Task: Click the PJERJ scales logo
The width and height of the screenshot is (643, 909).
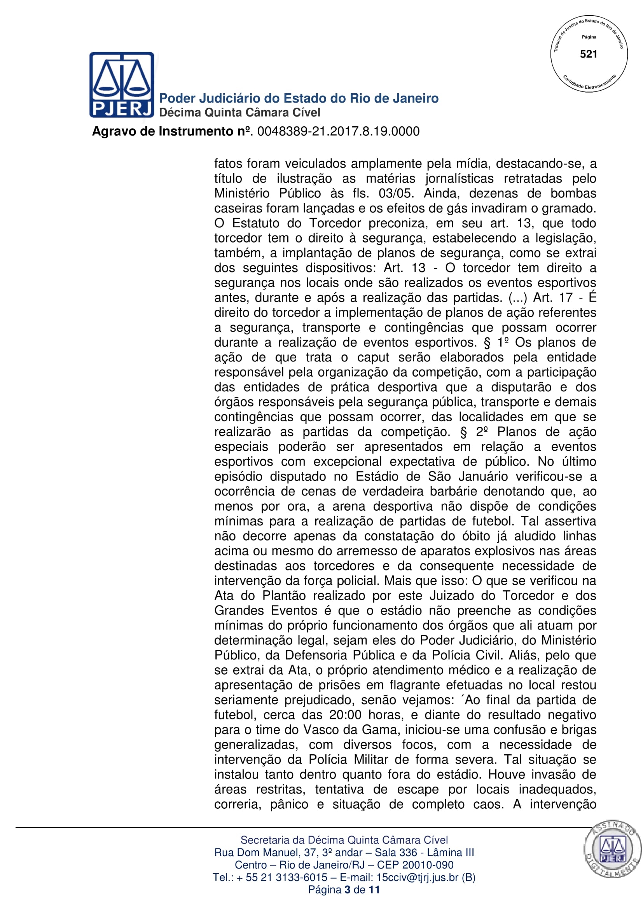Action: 122,85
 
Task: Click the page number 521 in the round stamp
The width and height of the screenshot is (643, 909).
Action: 588,54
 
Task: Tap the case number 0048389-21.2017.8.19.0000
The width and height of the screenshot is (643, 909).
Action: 338,131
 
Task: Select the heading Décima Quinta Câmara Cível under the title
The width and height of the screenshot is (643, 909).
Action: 239,113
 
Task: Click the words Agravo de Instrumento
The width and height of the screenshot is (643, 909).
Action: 163,131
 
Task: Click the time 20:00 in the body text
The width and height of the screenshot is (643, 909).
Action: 345,715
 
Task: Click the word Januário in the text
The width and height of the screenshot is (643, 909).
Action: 469,476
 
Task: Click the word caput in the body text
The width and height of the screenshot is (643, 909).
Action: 373,358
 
